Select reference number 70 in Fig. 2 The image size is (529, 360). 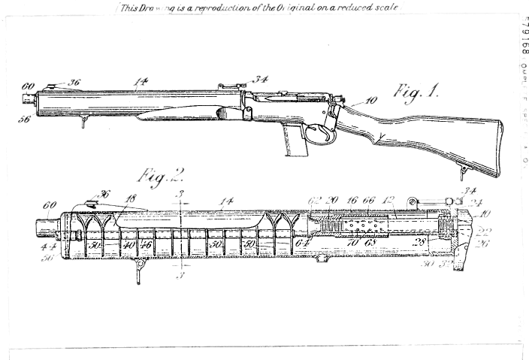point(351,244)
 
